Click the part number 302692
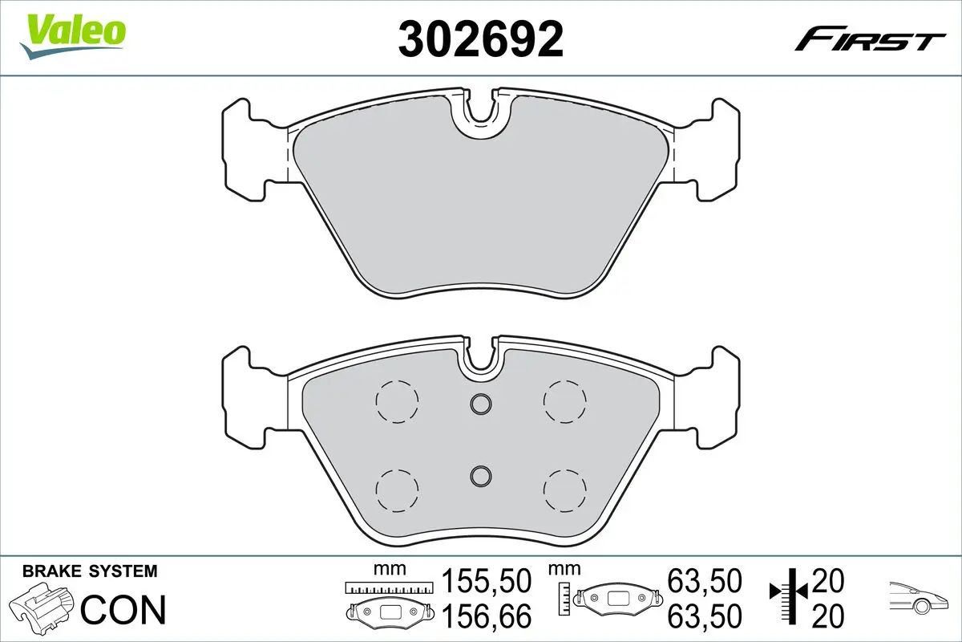(x=481, y=38)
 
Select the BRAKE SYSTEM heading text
(x=90, y=571)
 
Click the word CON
(x=124, y=610)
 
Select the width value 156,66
(x=487, y=616)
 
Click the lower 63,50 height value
(x=705, y=616)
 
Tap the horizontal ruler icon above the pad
(x=388, y=587)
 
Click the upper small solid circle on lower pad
(x=480, y=405)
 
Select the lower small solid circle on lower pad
(x=480, y=476)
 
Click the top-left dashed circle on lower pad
(x=397, y=399)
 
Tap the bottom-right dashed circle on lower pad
(x=564, y=487)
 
